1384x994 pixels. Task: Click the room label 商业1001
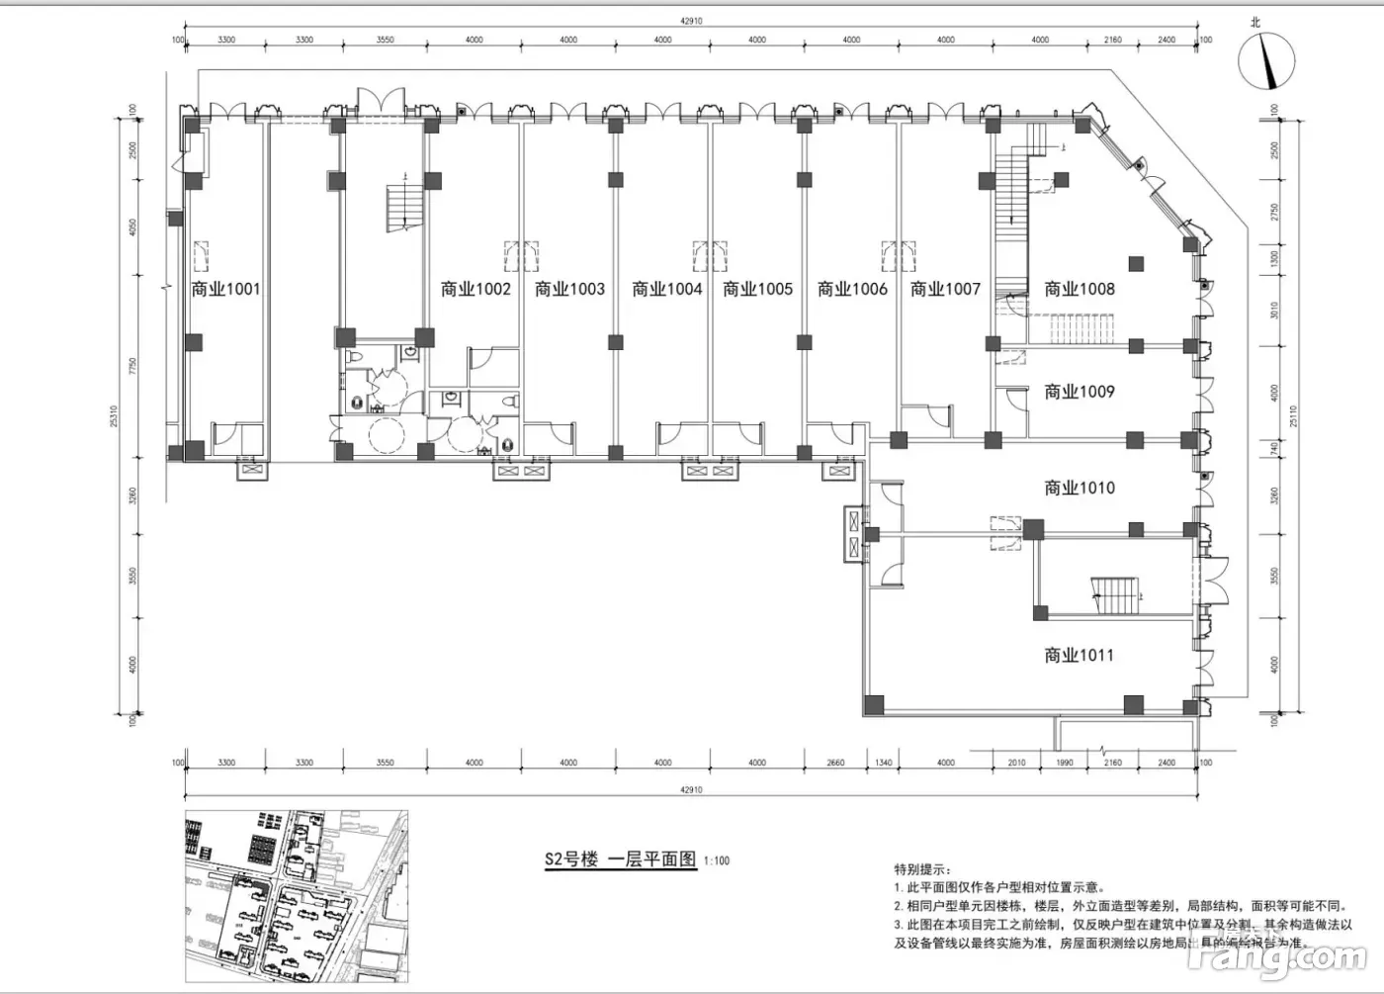tap(225, 289)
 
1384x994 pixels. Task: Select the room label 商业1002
tap(476, 289)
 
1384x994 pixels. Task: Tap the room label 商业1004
tap(666, 289)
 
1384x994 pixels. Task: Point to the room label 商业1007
tap(945, 289)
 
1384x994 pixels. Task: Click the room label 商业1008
tap(1079, 289)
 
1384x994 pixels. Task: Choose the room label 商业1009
tap(1079, 392)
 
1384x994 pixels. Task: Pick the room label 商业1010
tap(1079, 488)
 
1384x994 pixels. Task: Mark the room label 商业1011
tap(1079, 655)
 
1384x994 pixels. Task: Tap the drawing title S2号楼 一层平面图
tap(620, 858)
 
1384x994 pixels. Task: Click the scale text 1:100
tap(717, 861)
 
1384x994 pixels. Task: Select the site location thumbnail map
tap(296, 895)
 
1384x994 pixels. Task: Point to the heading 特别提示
tap(922, 869)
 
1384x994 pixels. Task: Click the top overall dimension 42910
tap(691, 21)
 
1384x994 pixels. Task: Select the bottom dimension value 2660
tap(835, 763)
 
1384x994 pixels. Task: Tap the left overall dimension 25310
tap(115, 415)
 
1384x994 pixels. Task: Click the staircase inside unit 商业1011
tap(1116, 595)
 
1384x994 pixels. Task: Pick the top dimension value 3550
tap(385, 41)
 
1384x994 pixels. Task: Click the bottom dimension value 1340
tap(884, 763)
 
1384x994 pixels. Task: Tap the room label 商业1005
tap(757, 289)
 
